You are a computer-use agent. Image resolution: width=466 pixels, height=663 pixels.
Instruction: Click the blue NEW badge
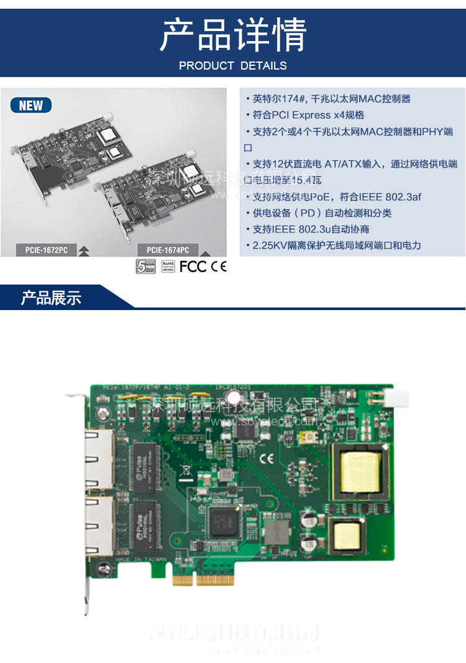31,106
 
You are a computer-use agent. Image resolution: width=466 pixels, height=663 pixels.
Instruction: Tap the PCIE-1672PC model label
47,250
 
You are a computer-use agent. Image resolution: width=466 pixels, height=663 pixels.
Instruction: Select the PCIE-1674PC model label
168,250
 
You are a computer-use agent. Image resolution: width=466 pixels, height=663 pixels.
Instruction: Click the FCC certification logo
193,267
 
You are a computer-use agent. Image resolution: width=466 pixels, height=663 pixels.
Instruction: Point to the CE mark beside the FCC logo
219,267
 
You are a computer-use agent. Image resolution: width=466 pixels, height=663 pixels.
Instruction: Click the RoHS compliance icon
168,267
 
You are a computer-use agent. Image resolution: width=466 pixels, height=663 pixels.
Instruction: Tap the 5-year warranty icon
145,267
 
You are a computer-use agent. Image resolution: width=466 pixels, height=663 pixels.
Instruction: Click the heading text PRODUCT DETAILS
233,65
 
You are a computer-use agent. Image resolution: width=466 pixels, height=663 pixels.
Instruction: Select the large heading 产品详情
233,35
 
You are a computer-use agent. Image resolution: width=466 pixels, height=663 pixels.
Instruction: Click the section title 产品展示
52,298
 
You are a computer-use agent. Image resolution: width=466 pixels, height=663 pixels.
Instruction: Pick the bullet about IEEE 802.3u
311,229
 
